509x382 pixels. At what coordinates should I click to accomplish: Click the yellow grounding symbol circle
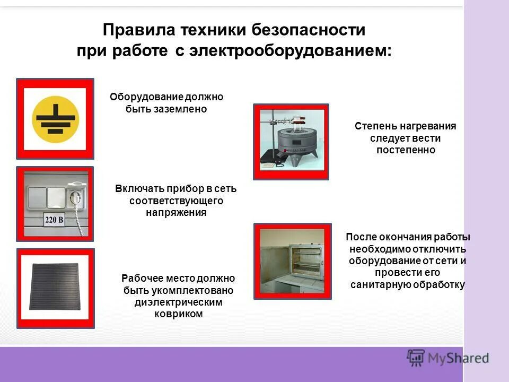55,118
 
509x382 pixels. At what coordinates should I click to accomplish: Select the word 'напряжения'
176,212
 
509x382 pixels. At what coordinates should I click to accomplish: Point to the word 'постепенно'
406,150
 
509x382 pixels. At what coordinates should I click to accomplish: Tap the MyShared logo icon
416,358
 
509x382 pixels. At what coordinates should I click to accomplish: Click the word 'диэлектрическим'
178,302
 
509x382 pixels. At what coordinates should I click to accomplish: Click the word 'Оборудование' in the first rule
139,97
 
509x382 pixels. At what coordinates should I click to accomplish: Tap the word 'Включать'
138,189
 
